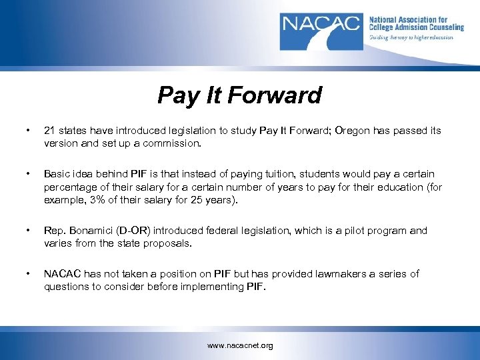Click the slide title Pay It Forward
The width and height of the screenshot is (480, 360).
point(239,95)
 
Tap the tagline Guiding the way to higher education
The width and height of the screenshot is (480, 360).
point(411,38)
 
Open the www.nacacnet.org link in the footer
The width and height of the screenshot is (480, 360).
point(240,346)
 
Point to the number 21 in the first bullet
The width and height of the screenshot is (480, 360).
point(50,131)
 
